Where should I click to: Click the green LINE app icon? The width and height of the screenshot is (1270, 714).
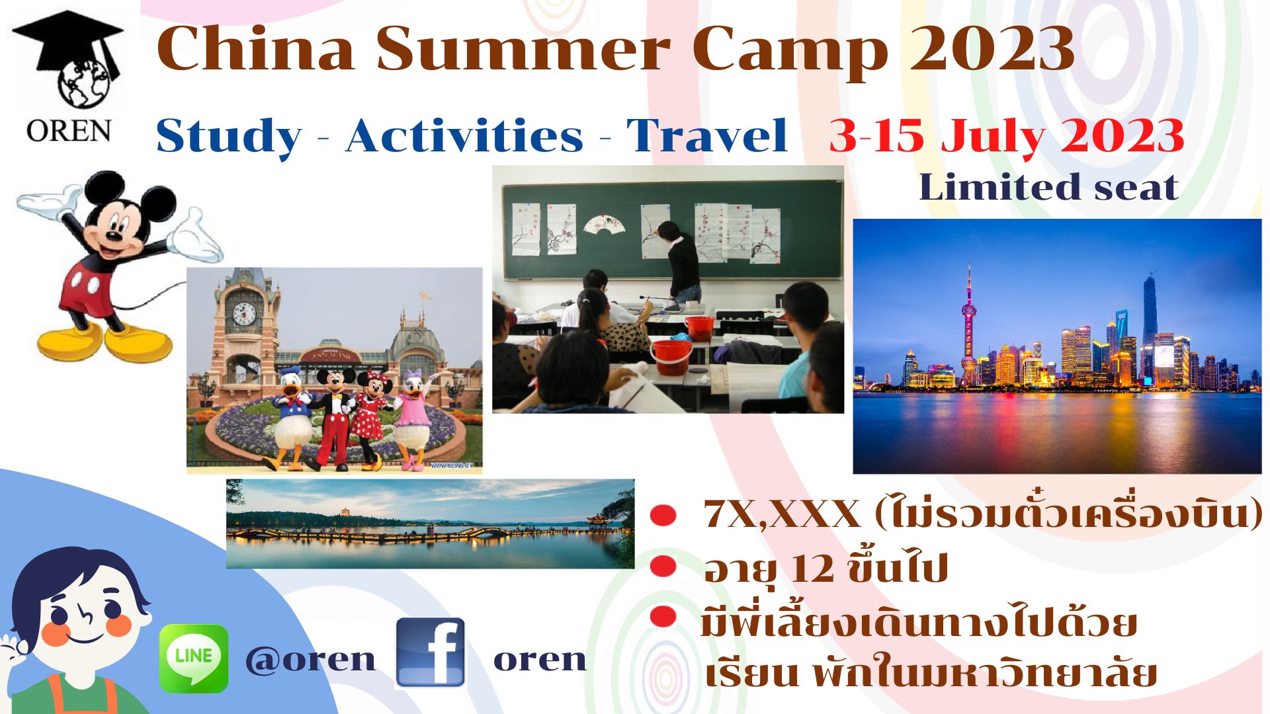[x=194, y=658]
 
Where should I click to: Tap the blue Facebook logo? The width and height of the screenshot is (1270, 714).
[x=431, y=653]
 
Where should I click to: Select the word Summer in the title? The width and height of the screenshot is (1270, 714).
[x=523, y=50]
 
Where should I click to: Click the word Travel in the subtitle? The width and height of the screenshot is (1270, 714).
[x=706, y=136]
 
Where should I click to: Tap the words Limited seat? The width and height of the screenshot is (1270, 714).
[x=1048, y=187]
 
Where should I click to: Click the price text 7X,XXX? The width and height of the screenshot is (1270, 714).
[x=783, y=514]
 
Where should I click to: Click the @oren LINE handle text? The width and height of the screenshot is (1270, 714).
[x=310, y=659]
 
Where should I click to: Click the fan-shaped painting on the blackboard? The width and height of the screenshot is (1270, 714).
[x=604, y=223]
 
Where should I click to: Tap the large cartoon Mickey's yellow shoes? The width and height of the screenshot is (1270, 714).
[x=106, y=340]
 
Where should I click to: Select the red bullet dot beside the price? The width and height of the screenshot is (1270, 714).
[x=663, y=515]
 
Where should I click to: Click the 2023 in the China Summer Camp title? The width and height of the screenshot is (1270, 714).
[x=993, y=48]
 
